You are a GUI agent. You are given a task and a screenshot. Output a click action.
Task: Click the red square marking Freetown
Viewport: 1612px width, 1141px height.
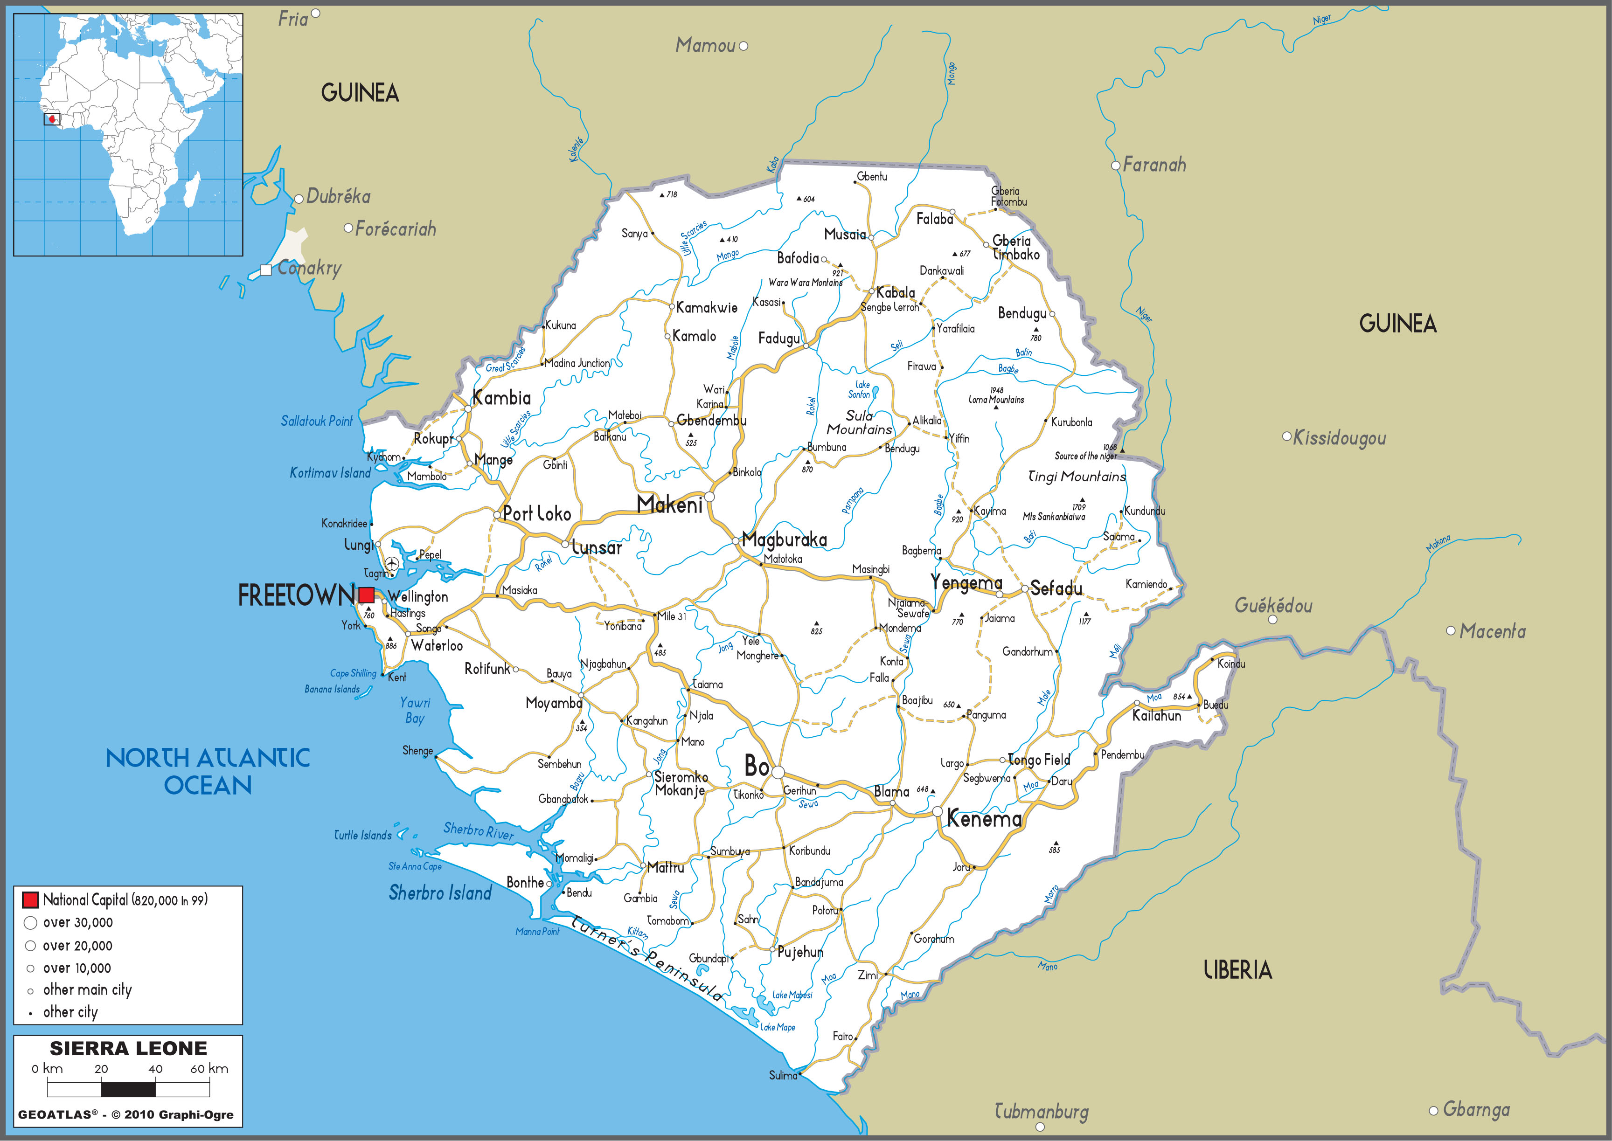point(366,595)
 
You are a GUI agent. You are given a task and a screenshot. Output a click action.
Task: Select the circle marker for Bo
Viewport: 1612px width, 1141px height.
point(777,772)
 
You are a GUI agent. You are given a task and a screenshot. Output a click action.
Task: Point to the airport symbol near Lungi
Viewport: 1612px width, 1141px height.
point(391,563)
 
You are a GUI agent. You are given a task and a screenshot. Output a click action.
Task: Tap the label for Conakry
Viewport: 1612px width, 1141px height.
point(309,268)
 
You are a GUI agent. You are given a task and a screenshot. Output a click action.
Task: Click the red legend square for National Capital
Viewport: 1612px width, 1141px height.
point(30,899)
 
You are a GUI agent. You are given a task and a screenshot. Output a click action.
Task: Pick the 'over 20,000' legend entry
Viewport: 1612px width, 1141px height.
point(77,946)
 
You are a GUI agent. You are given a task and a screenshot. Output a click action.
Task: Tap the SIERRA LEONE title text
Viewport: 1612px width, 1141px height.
point(129,1048)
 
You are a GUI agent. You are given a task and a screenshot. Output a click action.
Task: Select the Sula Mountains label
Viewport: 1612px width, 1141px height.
point(859,422)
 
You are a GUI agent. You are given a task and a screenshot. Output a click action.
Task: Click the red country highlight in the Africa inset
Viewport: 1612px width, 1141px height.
point(52,119)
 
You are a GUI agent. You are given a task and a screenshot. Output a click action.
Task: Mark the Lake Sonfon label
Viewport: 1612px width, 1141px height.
point(860,389)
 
